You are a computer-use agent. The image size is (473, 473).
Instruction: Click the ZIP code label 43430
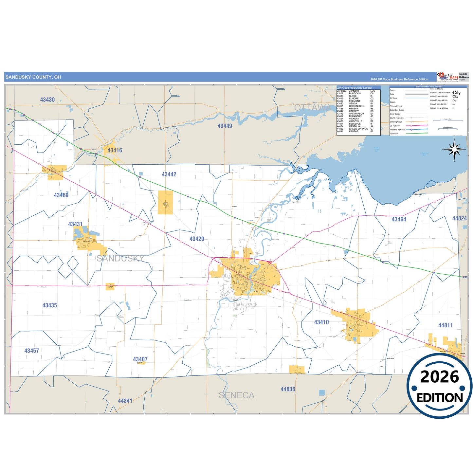click(47, 100)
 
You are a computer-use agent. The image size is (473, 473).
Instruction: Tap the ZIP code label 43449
click(225, 126)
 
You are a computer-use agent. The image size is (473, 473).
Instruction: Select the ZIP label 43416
click(115, 150)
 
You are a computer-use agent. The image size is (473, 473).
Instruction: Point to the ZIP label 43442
click(169, 174)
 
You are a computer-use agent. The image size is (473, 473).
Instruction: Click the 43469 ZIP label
click(61, 195)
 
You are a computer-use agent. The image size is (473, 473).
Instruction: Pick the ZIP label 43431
click(75, 224)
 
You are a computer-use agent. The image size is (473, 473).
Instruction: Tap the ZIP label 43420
click(197, 239)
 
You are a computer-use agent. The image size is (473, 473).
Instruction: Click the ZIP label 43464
click(399, 219)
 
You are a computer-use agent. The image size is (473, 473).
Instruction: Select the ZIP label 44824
click(460, 218)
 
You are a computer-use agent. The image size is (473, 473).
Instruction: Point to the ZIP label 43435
click(50, 305)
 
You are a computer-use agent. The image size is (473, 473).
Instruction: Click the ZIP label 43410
click(321, 322)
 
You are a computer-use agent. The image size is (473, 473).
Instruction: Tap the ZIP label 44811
click(446, 325)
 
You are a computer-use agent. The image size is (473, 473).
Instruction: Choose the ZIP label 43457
click(32, 351)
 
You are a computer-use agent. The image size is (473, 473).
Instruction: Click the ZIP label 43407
click(140, 359)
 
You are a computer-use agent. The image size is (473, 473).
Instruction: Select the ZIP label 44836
click(288, 389)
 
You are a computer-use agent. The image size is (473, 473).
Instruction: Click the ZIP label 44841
click(125, 401)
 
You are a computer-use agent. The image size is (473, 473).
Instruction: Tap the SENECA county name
click(236, 395)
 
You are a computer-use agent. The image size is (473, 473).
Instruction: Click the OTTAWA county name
click(313, 107)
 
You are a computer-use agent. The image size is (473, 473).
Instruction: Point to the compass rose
click(454, 150)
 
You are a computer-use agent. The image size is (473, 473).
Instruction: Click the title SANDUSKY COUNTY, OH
click(33, 77)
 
